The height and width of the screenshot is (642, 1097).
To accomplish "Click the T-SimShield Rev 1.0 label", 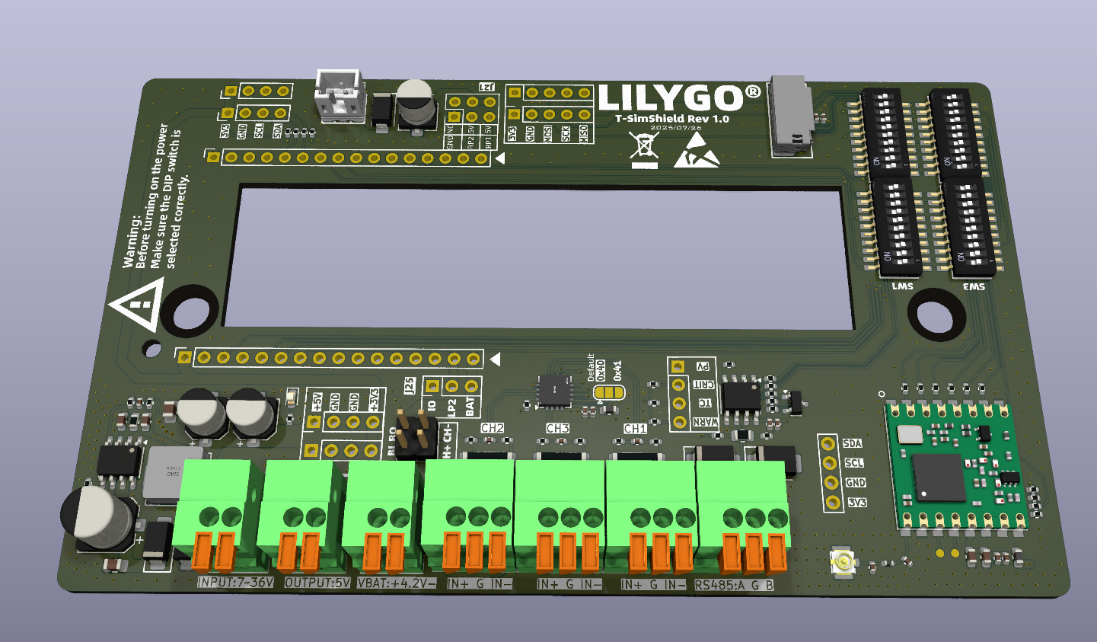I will click(x=672, y=119).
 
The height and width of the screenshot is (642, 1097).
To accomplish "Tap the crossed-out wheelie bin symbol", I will click(x=644, y=149).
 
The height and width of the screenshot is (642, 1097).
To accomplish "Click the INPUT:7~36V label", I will click(x=234, y=583).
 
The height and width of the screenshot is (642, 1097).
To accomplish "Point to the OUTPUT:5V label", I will click(x=317, y=583).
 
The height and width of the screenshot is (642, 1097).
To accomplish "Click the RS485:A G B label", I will click(x=734, y=585).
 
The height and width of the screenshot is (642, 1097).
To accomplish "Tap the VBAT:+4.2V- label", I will click(x=397, y=583).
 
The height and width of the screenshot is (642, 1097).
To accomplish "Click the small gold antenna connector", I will click(x=843, y=563).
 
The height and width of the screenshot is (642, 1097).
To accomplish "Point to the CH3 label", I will click(x=557, y=428).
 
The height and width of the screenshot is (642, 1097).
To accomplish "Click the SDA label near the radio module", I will click(x=852, y=443).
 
